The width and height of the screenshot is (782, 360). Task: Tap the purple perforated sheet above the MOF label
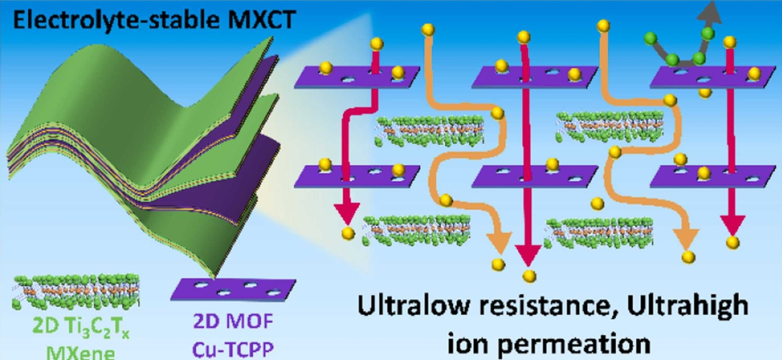(x=233, y=289)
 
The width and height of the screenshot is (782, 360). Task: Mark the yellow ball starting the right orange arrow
(x=603, y=25)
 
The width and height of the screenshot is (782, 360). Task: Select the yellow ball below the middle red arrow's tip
(x=530, y=275)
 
